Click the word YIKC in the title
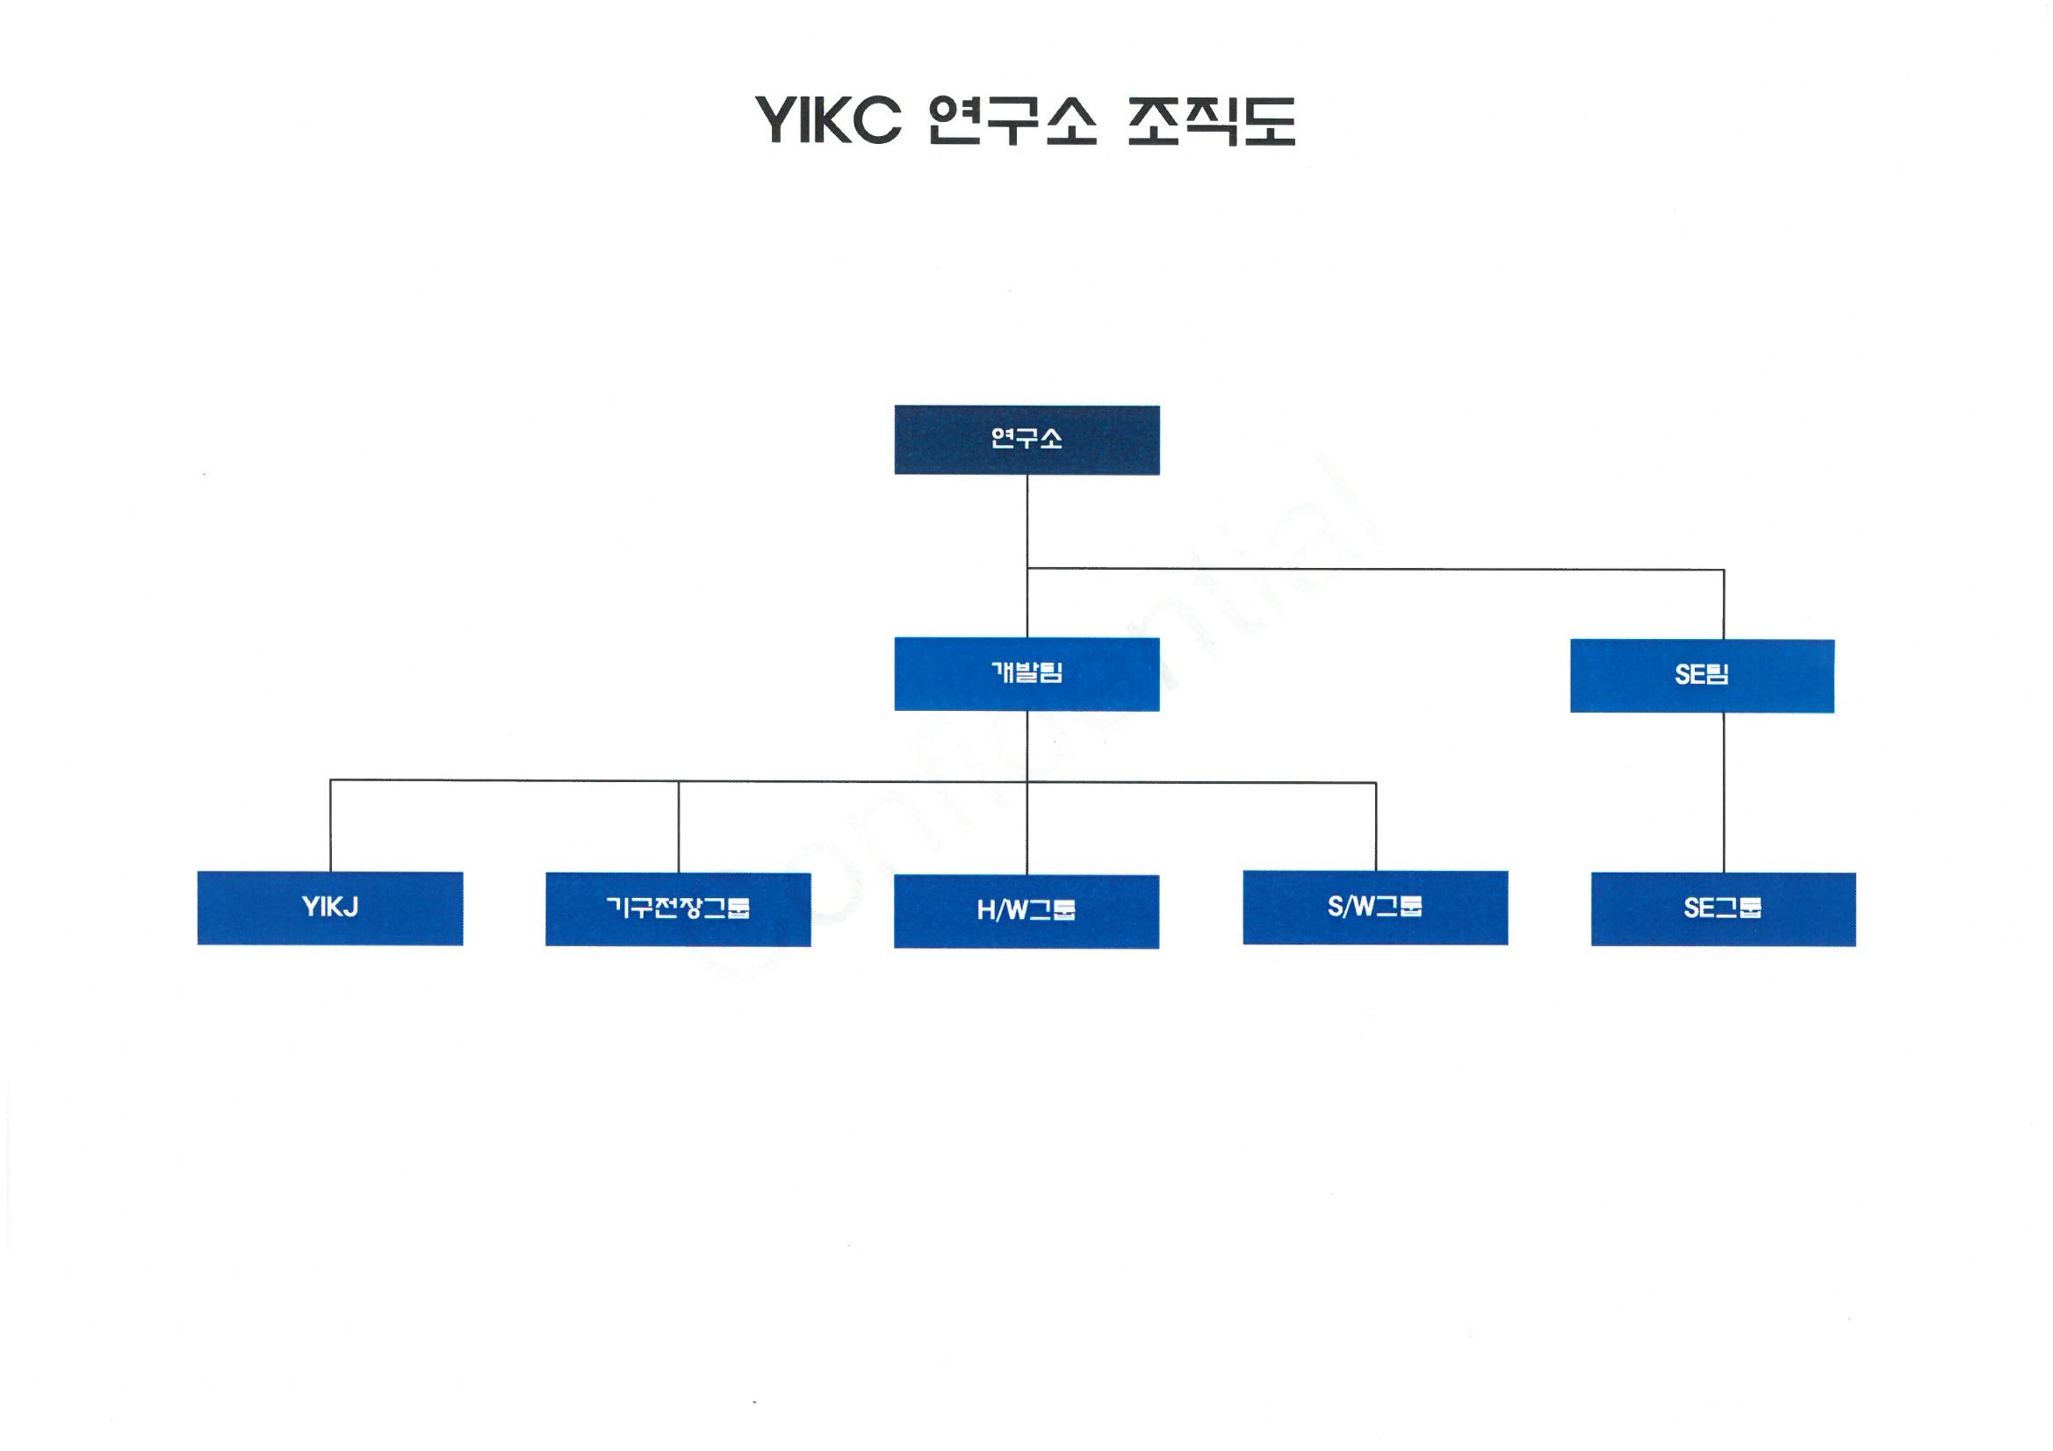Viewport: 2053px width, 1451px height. point(828,120)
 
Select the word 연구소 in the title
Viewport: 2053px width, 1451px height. point(1012,120)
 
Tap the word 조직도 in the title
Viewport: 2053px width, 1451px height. point(1211,120)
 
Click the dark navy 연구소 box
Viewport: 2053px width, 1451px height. point(1026,440)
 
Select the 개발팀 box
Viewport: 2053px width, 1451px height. point(1026,674)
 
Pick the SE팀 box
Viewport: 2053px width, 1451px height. point(1702,676)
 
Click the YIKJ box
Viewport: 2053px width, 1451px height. point(330,908)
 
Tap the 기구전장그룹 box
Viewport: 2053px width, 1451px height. point(678,909)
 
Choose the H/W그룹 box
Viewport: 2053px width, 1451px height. point(1026,911)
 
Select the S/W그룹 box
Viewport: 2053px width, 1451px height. point(1375,908)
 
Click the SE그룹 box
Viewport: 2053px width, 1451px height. point(1723,909)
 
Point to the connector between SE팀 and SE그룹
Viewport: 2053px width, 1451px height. point(1723,792)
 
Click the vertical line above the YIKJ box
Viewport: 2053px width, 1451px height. point(330,826)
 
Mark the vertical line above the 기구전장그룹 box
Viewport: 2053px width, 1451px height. point(678,827)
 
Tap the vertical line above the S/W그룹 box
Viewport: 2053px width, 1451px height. point(1375,826)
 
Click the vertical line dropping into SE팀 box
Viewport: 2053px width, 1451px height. point(1723,604)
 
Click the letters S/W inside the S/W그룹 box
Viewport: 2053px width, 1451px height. point(1350,908)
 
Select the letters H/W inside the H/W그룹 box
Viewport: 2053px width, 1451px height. point(1000,911)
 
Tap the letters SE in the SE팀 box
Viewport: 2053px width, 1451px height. point(1689,676)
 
